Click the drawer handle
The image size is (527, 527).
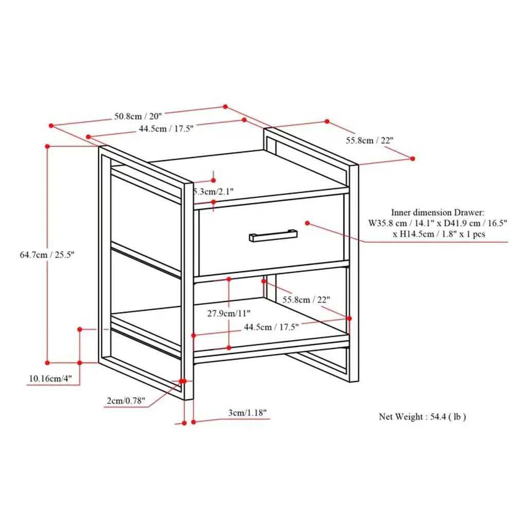coord(273,235)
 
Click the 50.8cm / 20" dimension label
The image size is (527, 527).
coord(138,116)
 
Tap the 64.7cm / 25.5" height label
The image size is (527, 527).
coord(47,255)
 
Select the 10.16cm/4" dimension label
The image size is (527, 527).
coord(50,378)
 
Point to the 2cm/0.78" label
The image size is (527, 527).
coord(126,400)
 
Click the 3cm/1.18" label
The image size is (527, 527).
coord(248,413)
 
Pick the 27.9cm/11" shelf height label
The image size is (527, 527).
coord(229,313)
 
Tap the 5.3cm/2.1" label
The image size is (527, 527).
coord(214,191)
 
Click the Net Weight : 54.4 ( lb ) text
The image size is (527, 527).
coord(422,417)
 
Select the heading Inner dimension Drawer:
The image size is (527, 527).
coord(437,213)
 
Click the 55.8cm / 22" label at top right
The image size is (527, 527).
coord(370,140)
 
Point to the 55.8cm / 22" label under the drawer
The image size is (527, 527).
coord(306,300)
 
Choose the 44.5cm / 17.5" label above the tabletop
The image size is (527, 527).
coord(166,129)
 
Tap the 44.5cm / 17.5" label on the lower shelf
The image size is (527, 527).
coord(271,327)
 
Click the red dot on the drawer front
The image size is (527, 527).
coord(307,223)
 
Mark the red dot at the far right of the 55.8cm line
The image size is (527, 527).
coord(413,159)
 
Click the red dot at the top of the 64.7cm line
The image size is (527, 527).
coord(47,147)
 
